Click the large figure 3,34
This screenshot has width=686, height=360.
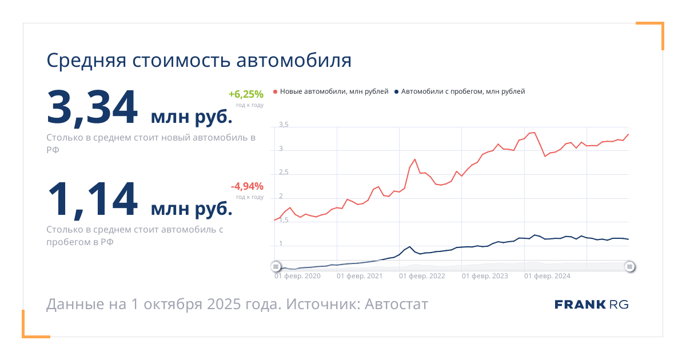[93, 107]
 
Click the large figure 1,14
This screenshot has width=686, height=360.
[93, 199]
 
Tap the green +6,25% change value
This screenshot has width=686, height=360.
[246, 95]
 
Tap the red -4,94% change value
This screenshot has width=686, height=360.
[247, 186]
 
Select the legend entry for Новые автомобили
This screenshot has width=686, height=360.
[331, 91]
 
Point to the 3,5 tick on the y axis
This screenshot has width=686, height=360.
[284, 125]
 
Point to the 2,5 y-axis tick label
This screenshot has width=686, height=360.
[284, 173]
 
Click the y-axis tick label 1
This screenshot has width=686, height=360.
[281, 244]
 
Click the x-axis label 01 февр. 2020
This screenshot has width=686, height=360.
[297, 277]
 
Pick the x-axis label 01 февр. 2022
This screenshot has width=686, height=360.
[422, 277]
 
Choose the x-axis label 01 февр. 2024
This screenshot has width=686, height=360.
[547, 277]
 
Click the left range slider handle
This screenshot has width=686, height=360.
[276, 266]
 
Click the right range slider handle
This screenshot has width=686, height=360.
[629, 266]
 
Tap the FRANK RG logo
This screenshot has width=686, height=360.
[591, 305]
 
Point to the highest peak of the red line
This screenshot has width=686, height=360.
[534, 133]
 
